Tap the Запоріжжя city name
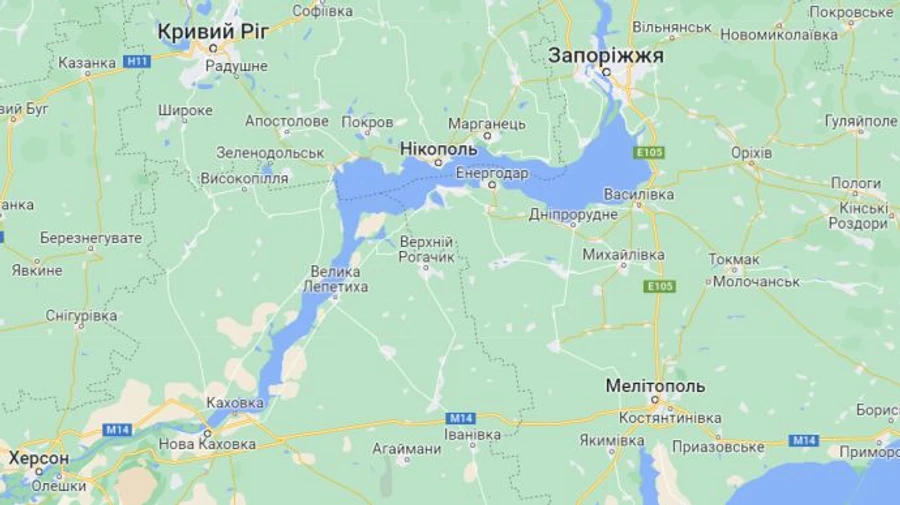click(605, 56)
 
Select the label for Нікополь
click(439, 149)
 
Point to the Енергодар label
click(492, 173)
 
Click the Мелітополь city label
click(655, 386)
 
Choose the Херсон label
click(39, 458)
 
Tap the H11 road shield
click(137, 62)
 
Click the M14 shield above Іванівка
click(461, 417)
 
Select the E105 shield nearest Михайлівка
click(661, 286)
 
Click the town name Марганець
click(487, 123)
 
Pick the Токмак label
click(734, 260)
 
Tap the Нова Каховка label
click(207, 444)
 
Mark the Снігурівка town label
click(81, 316)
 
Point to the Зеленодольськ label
click(270, 153)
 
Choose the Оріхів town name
click(751, 153)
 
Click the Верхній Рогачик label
click(427, 250)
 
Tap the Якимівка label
click(612, 440)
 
